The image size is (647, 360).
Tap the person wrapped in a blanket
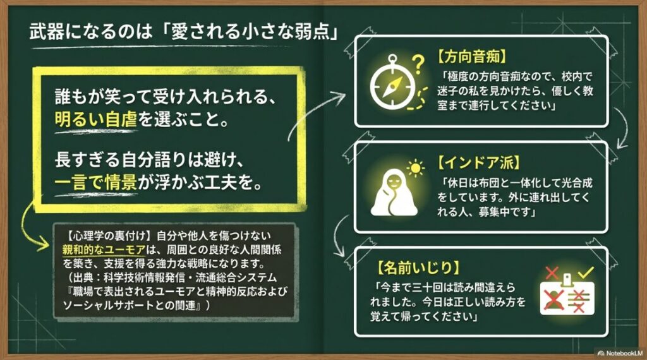point(392,192)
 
